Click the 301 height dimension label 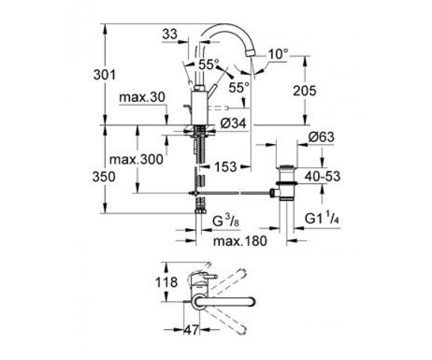pos(105,75)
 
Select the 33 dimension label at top pos(170,35)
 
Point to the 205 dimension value pos(305,91)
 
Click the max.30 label pos(142,97)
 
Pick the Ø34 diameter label pos(233,124)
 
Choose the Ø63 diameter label pos(321,137)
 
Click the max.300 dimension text pos(136,160)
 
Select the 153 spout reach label pos(225,167)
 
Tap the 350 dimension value pos(104,177)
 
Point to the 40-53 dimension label pos(322,177)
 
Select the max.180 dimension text pos(240,241)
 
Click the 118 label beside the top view pos(166,282)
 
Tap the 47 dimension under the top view pos(191,330)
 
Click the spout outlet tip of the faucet pos(251,52)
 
